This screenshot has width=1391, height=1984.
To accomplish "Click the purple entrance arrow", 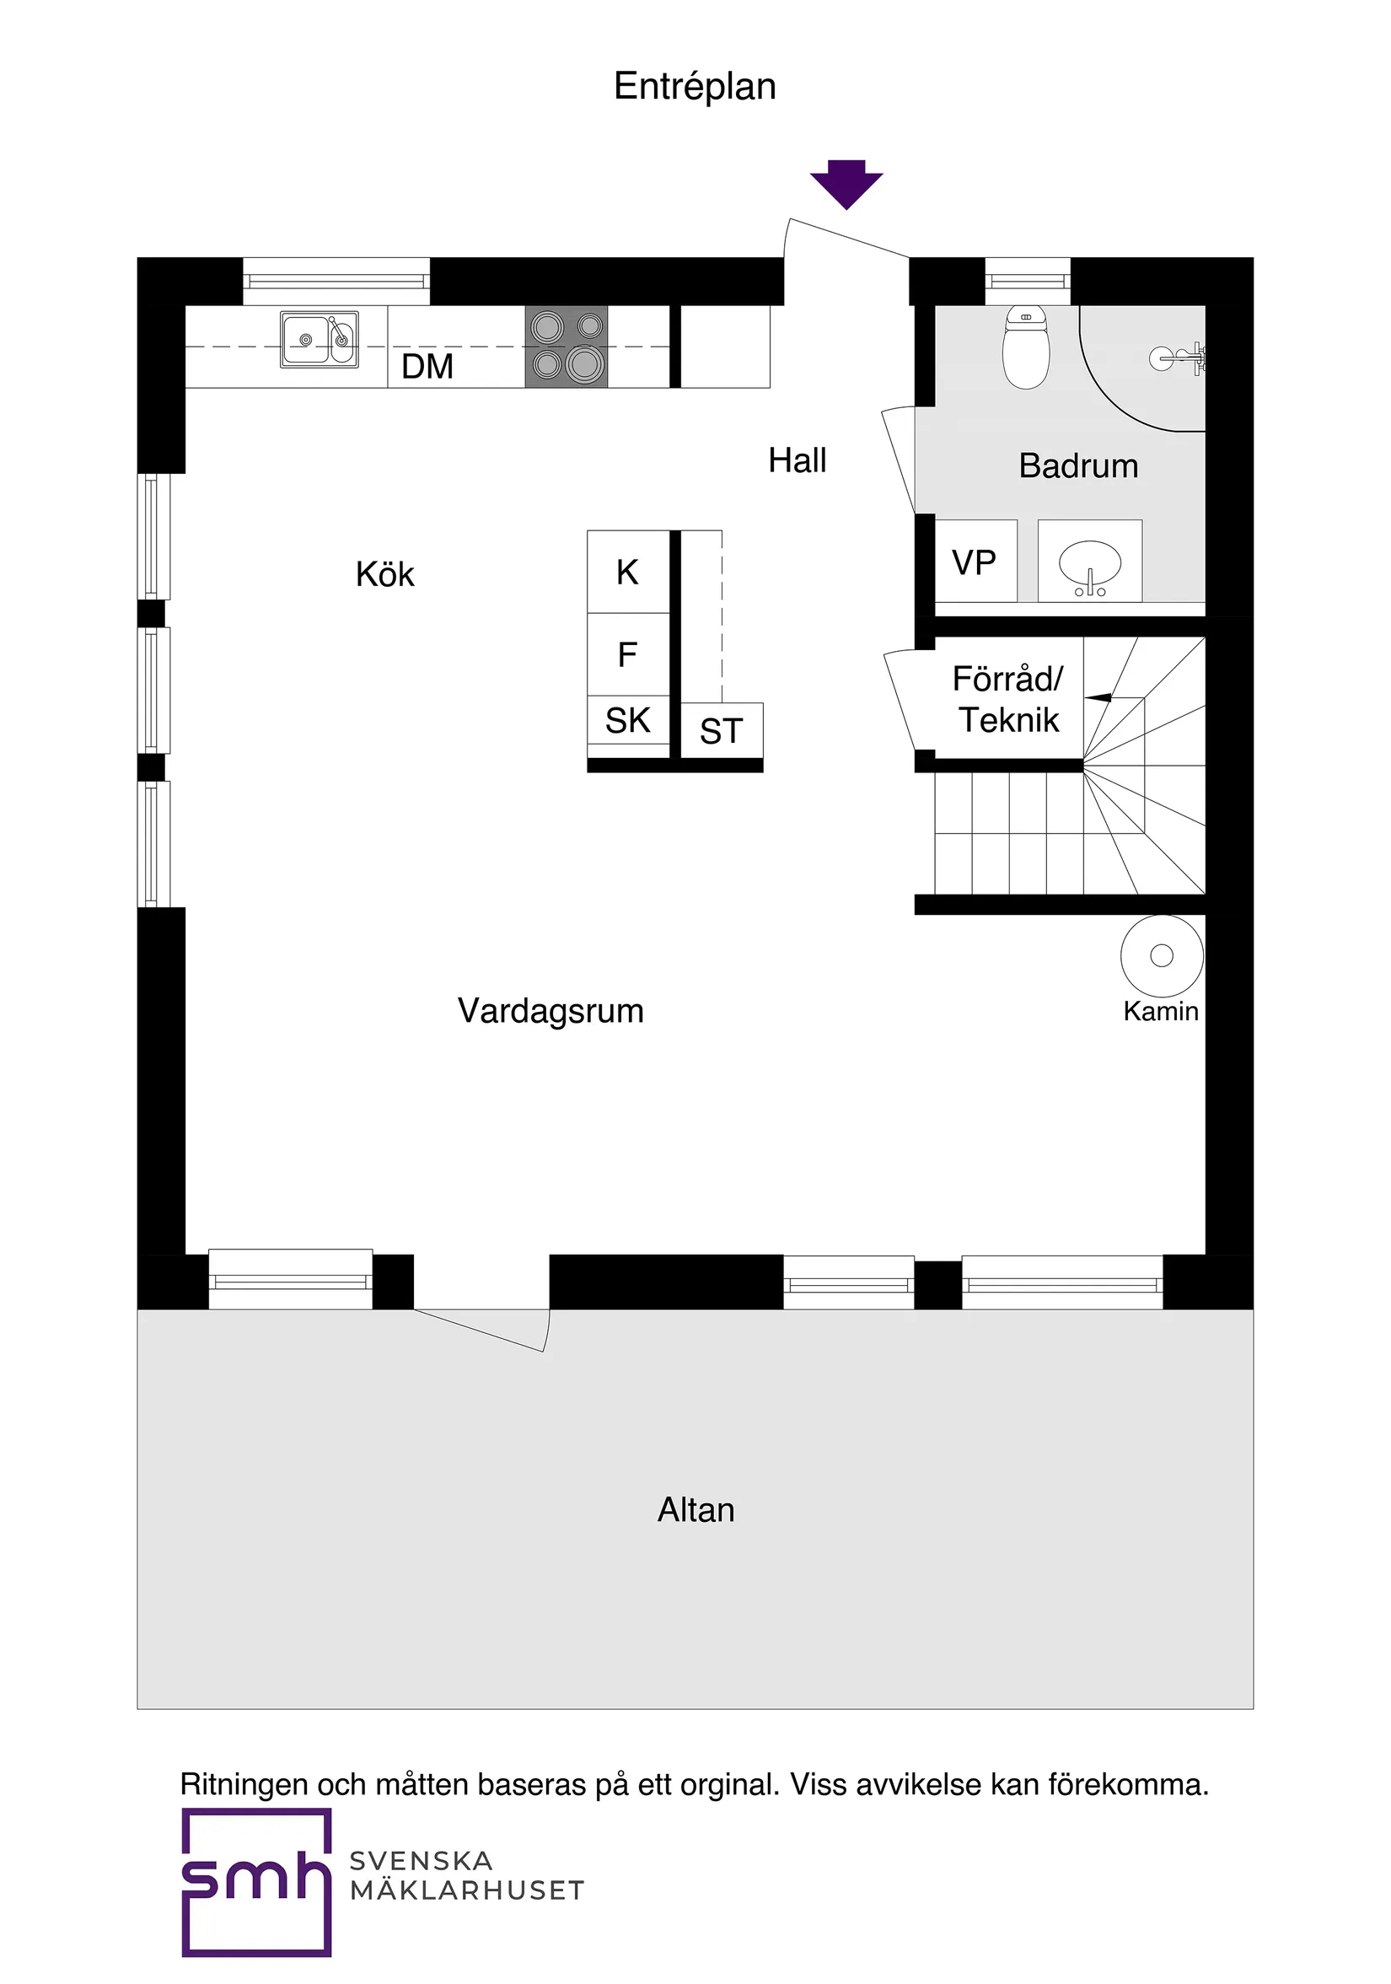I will click(846, 183).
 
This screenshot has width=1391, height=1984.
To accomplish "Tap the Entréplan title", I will click(695, 86).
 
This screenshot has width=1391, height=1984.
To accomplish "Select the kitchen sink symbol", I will click(319, 340).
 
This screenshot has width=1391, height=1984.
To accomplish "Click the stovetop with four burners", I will click(566, 346).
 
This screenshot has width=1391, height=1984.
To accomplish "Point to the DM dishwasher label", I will click(427, 367).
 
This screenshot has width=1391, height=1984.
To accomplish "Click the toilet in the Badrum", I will click(1025, 347).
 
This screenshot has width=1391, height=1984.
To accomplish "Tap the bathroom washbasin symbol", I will click(1089, 563).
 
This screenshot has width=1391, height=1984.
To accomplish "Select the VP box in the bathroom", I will click(975, 562).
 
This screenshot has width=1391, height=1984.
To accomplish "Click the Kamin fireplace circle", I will click(1161, 954).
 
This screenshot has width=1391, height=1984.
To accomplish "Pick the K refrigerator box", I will click(627, 572).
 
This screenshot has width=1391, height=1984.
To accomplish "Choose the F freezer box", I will click(627, 654).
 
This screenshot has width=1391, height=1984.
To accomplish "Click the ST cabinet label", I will click(721, 731).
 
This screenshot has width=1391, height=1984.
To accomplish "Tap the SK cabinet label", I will click(627, 720).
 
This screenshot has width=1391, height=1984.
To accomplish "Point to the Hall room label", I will click(797, 460).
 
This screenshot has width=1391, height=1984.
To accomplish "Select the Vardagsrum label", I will click(550, 1010).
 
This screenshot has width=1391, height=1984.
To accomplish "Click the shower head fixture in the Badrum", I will click(1179, 356).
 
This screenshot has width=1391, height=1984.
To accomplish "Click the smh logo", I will click(256, 1879).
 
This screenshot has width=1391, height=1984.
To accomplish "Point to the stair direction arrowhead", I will click(1098, 697).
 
